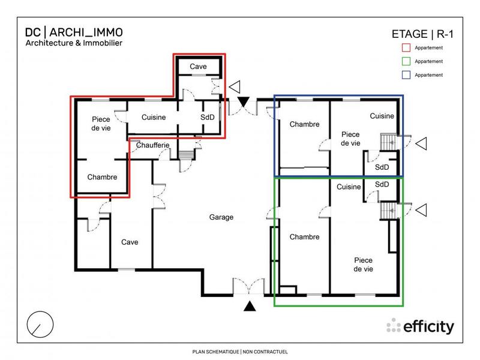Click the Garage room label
click(221, 217)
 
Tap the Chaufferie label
click(153, 145)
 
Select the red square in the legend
click(405, 47)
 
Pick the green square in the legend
click(405, 61)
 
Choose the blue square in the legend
click(405, 75)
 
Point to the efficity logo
click(420, 326)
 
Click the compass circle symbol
click(39, 324)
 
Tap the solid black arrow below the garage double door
click(250, 307)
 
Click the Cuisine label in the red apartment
click(154, 118)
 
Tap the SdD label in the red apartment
click(207, 118)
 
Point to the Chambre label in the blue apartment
click(304, 125)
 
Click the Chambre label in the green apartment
click(304, 237)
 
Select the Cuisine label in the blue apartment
click(382, 116)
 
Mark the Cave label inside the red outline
click(199, 67)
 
